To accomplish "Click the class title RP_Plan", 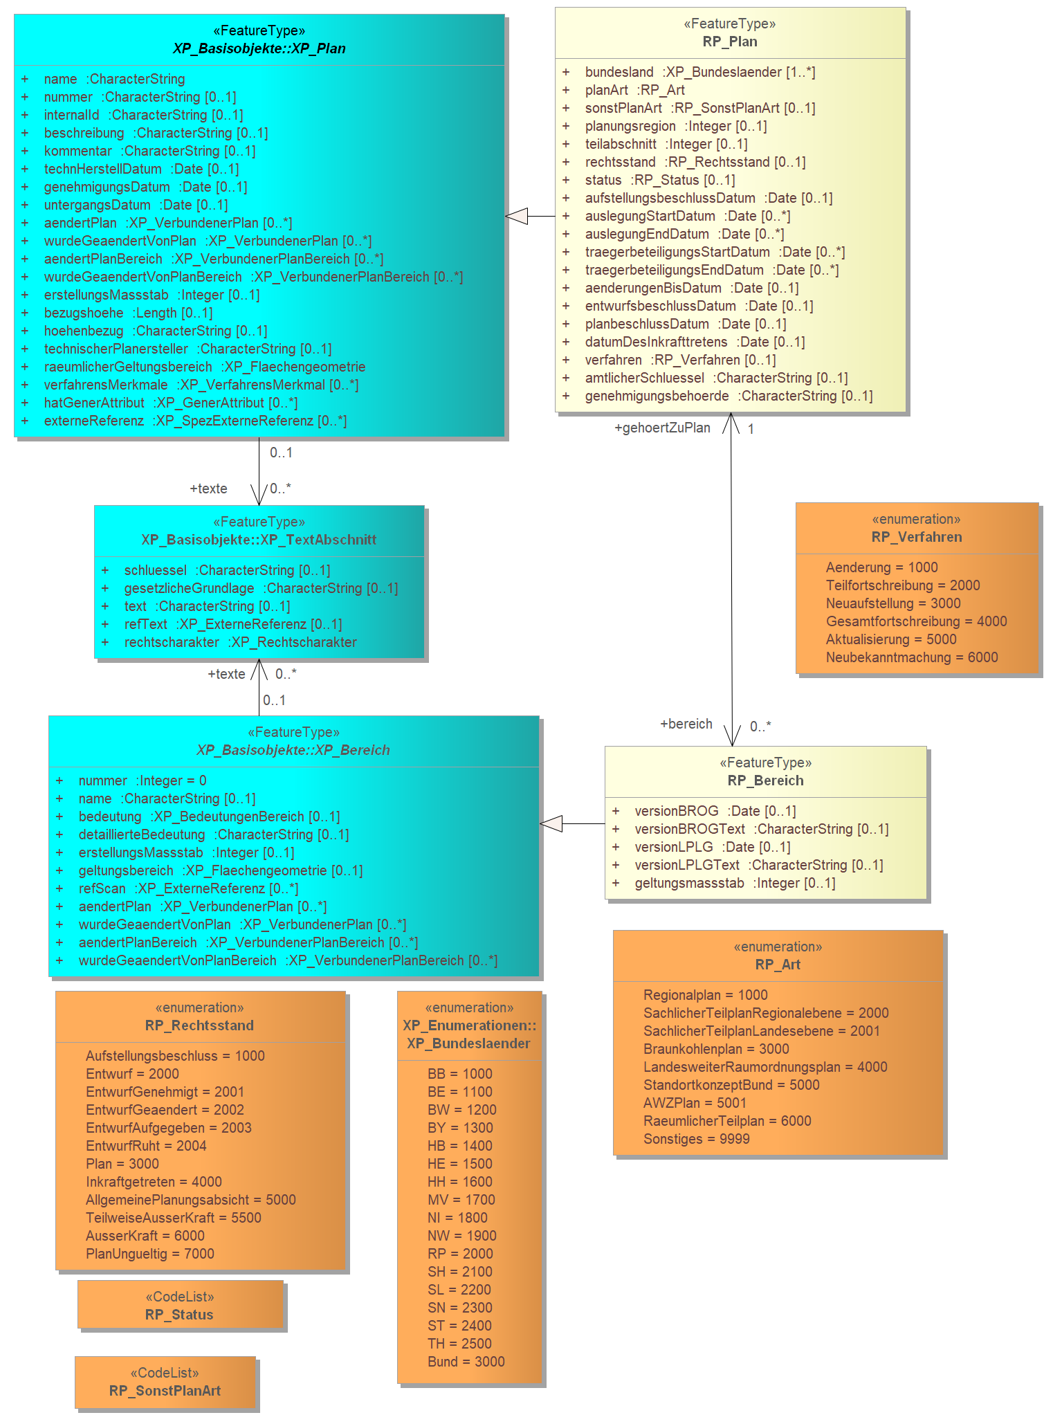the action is point(730,42).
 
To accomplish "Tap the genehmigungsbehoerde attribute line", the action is point(729,396).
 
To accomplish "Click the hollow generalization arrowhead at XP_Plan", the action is point(517,216).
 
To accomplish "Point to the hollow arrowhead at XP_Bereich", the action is point(551,823).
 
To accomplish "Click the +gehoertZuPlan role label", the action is point(662,428).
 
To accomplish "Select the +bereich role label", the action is point(686,724).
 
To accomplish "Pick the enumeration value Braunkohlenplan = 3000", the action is point(716,1049).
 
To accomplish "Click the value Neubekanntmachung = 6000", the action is point(912,657).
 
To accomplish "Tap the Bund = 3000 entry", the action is point(466,1362).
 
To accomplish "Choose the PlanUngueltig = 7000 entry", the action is point(150,1254).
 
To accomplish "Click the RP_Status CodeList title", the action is point(179,1315).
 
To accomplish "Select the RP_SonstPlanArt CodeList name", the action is point(165,1391).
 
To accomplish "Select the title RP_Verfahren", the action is point(917,537).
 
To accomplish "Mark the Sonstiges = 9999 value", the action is point(697,1139).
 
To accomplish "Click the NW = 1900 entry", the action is point(462,1236).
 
